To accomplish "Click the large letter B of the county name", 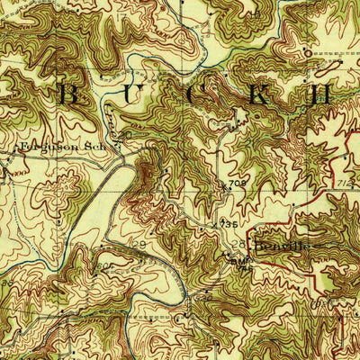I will (65, 93).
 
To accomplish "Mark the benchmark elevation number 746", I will (241, 263).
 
